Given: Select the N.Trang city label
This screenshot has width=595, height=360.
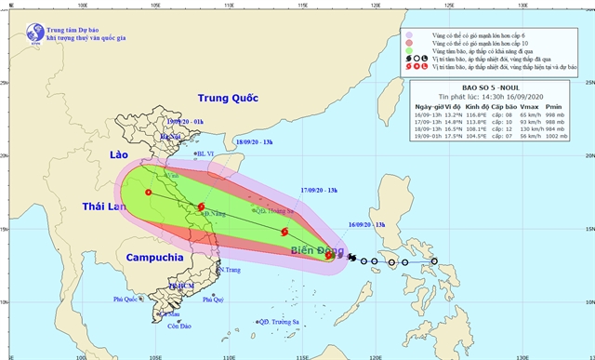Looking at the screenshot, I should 230,270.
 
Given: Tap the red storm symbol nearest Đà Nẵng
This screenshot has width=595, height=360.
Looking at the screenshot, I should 202,207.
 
